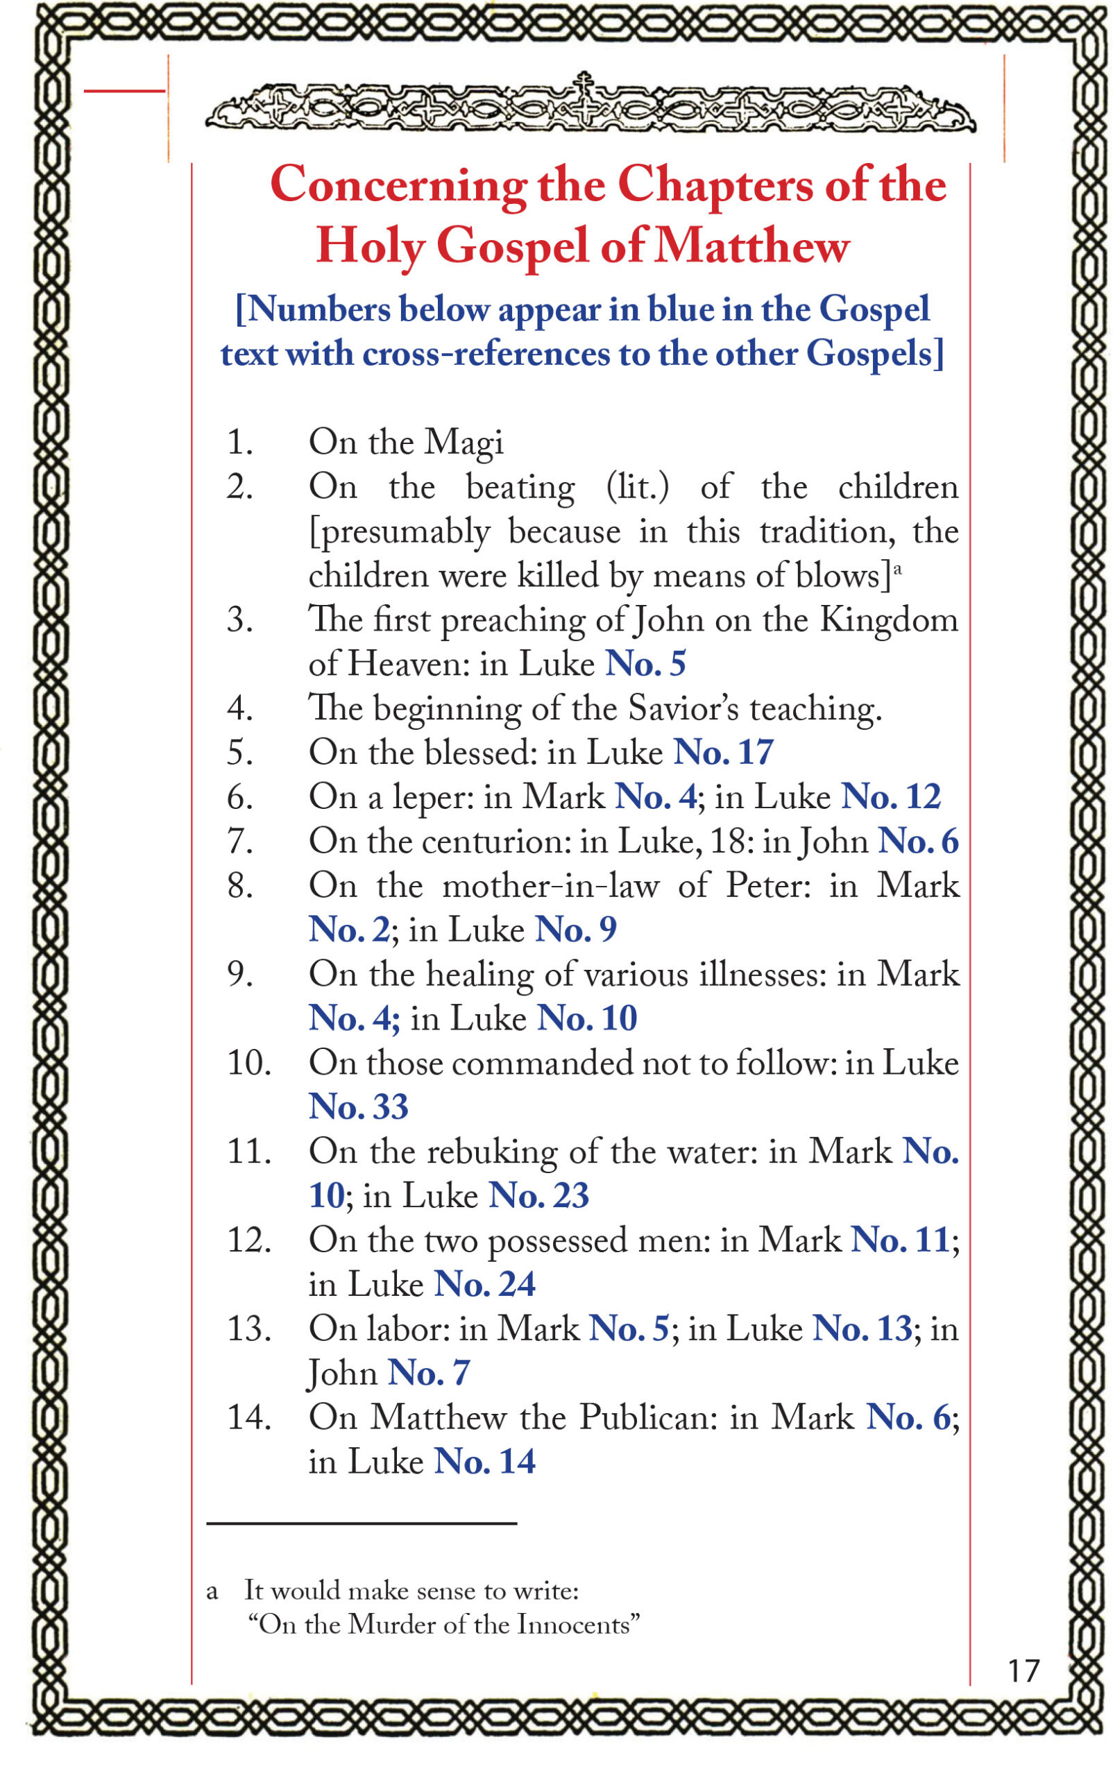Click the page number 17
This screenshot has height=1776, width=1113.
pos(1023,1670)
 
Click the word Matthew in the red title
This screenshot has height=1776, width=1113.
pos(751,246)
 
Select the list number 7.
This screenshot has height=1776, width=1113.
pos(240,841)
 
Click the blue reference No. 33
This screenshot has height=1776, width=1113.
pos(359,1107)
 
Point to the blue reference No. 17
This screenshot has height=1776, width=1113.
pos(724,752)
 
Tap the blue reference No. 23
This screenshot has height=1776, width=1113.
pos(539,1195)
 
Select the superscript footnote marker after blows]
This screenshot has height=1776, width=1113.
pos(897,567)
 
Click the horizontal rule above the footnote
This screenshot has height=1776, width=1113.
pos(362,1523)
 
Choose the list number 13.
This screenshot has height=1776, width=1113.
pos(249,1329)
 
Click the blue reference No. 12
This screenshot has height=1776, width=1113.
pos(891,796)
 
